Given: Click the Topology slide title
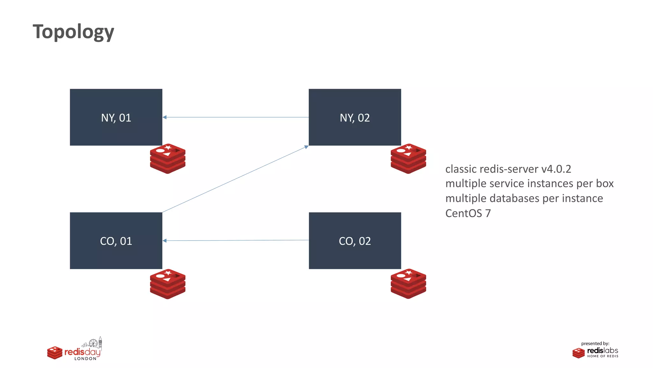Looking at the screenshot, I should point(73,32).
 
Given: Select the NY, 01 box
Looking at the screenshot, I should point(116,117).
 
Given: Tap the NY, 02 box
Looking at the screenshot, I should point(355,117).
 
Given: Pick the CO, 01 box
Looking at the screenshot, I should point(116,241).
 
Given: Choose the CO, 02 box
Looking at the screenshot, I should point(355,241).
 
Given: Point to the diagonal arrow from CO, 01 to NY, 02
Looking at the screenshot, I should point(235,179).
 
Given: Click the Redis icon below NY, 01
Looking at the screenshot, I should point(168,159).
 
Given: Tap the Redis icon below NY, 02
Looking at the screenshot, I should point(408,159).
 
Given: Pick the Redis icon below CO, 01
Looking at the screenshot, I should point(168,284).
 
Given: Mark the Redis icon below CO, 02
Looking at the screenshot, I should point(408,284).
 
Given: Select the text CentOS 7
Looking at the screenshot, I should point(468,213).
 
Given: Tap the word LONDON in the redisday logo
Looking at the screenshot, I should point(85,358).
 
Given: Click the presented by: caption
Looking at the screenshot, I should point(595,343).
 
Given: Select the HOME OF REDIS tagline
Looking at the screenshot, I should point(603,356).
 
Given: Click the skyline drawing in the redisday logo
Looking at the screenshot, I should point(92,343).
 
